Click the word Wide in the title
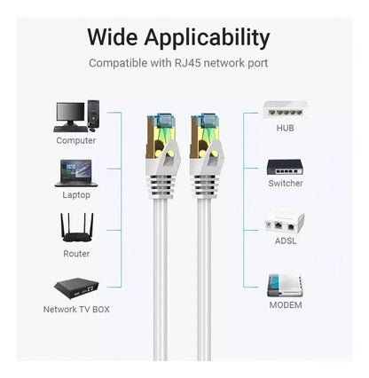pos(113,37)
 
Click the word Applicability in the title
pos(207,38)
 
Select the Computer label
pos(76,140)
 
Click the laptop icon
pos(76,173)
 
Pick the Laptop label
pos(76,195)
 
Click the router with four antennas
pos(76,227)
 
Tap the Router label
pos(76,254)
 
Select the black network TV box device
pos(76,287)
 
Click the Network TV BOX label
pos(76,310)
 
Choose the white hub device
pos(285,110)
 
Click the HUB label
pos(285,128)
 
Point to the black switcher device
pos(285,167)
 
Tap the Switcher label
pos(286,184)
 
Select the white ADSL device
pos(285,223)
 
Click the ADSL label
pos(286,240)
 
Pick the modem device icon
pos(285,286)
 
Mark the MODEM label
pos(286,305)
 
